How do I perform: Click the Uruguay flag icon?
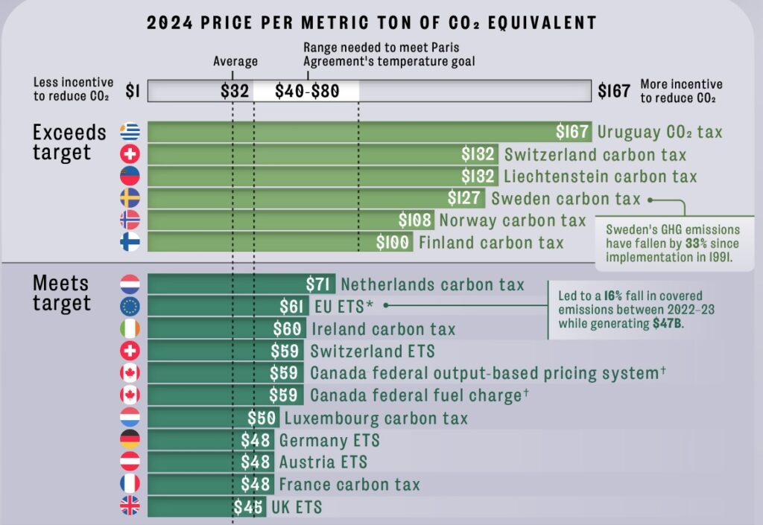tap(130, 133)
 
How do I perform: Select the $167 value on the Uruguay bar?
tap(573, 133)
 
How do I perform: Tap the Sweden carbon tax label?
tap(566, 198)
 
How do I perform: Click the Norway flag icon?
tap(130, 220)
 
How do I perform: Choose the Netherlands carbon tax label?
tap(432, 284)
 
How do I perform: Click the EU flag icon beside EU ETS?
tap(130, 307)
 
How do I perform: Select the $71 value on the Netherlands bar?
tap(320, 284)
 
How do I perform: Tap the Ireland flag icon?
tap(130, 329)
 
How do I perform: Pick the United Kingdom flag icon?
tap(130, 507)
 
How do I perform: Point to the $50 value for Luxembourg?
tap(262, 418)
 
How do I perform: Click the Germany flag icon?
tap(130, 440)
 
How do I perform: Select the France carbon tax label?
tap(349, 485)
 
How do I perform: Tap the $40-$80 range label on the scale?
tap(307, 92)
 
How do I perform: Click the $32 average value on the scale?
tap(235, 92)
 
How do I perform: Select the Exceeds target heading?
tap(69, 142)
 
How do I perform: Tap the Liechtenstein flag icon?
tap(130, 176)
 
